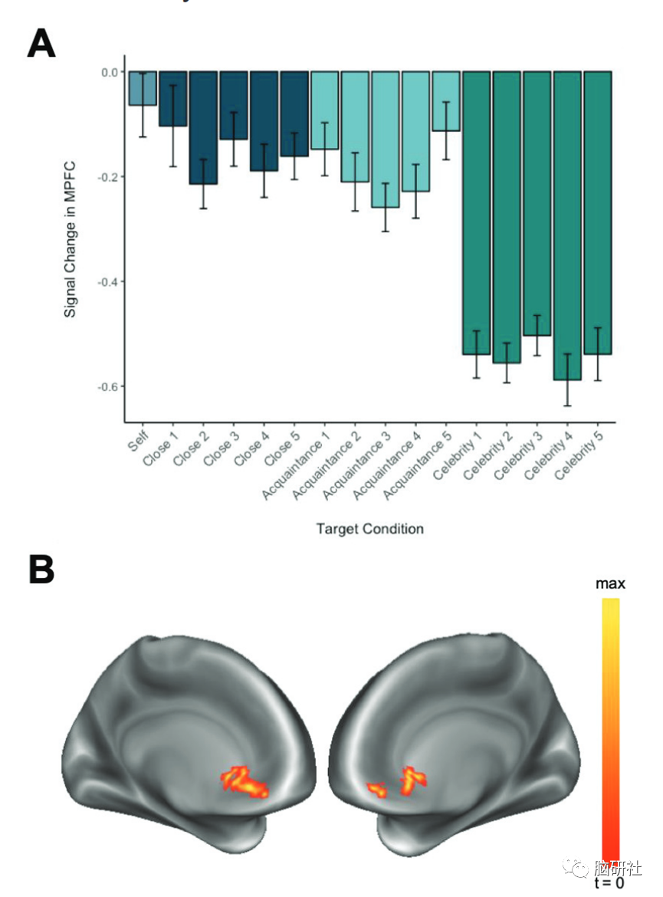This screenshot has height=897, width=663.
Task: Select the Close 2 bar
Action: (203, 127)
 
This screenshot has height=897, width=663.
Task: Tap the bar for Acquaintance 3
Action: (385, 138)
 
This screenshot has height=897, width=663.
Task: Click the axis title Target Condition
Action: (369, 528)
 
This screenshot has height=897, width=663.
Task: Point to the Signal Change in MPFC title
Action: (70, 245)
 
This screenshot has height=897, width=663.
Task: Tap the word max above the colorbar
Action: (610, 584)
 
